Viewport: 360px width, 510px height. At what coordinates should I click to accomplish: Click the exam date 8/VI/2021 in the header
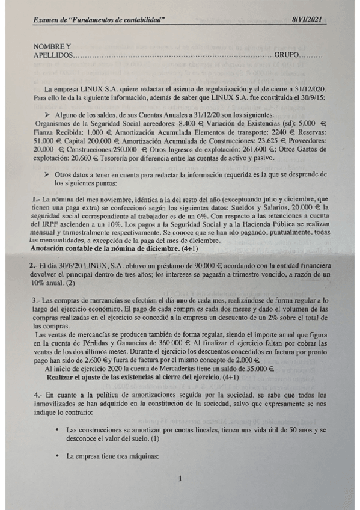(308, 20)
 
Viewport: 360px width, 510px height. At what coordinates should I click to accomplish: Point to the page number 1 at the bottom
(180, 479)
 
